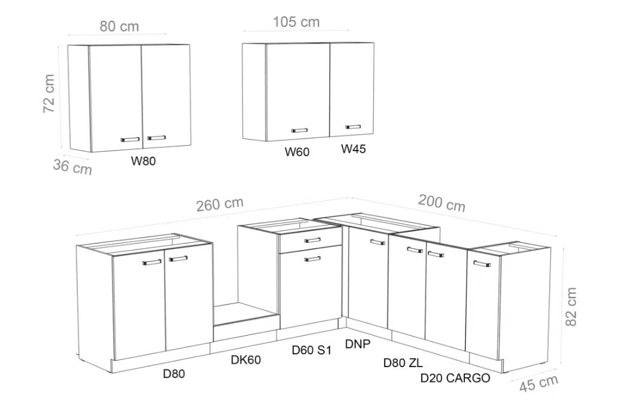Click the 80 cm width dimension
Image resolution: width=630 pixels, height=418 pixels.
119,26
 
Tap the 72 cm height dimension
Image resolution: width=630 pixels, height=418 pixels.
49,94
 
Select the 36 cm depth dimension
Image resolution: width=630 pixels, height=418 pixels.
73,166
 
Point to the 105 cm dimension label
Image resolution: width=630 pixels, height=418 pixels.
296,22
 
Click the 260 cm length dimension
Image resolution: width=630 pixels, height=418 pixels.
220,204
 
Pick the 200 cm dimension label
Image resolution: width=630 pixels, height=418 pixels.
442,203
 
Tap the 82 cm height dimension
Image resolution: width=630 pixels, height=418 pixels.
571,307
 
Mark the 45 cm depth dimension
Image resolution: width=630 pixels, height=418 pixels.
538,383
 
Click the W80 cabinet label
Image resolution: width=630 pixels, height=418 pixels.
143,161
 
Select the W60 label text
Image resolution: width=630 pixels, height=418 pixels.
297,152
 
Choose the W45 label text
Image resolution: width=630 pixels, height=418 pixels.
353,149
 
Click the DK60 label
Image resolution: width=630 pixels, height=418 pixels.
245,359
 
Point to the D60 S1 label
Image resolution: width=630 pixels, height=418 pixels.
311,350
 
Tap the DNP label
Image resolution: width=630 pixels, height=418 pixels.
358,344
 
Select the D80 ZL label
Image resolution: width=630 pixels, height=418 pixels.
403,363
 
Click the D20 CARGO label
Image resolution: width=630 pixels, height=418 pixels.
455,378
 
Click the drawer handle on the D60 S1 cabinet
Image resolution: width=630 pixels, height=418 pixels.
312,240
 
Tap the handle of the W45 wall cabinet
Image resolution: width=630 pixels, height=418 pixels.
353,127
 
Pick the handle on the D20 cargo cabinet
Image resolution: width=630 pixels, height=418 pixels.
482,264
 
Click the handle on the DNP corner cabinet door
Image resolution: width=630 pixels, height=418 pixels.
377,242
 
